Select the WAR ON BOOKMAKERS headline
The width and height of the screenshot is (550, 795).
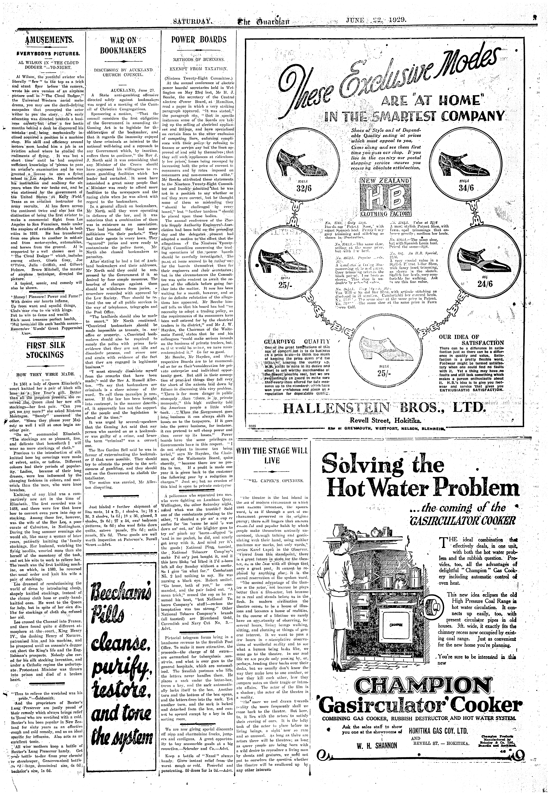[x=123, y=45]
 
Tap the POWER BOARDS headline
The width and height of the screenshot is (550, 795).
[x=199, y=39]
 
